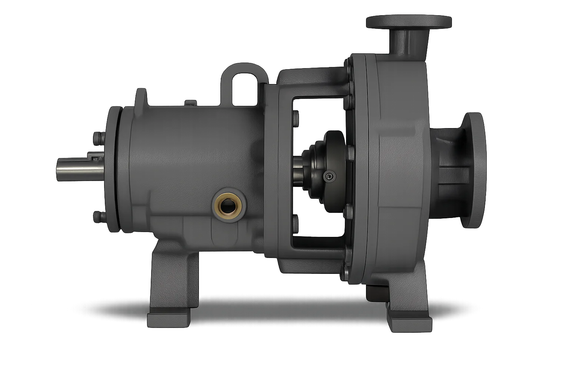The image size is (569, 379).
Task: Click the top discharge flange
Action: coord(409,21)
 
